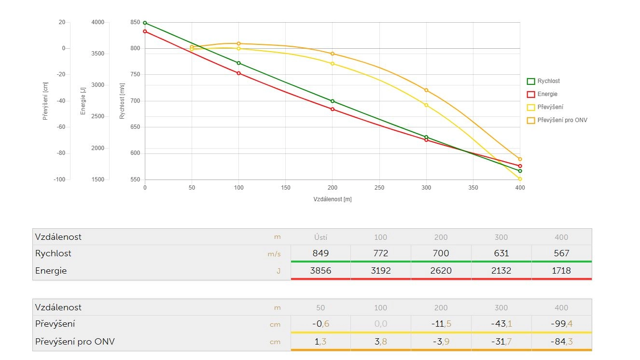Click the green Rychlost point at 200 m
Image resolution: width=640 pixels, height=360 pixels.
tap(333, 101)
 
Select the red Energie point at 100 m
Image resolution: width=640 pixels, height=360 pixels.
tap(238, 73)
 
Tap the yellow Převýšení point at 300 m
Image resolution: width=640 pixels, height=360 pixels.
tap(426, 105)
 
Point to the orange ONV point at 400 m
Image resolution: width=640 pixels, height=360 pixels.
tap(520, 159)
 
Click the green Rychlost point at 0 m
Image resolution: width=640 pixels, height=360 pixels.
tap(145, 23)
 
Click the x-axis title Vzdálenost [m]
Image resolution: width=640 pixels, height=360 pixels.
tap(333, 199)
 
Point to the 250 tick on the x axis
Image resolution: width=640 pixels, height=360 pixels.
tap(379, 187)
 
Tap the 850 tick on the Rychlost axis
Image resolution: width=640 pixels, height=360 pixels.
tap(135, 22)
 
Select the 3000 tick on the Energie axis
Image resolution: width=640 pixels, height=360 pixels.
tap(97, 85)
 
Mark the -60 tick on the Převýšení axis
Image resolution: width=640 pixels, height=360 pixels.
tap(60, 127)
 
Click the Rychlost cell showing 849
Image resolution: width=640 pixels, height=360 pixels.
tap(320, 253)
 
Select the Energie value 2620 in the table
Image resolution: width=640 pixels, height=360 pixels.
tap(441, 270)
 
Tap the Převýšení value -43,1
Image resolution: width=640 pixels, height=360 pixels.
tap(501, 323)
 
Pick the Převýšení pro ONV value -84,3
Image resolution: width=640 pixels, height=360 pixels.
tap(561, 342)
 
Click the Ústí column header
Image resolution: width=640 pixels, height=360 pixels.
tap(320, 237)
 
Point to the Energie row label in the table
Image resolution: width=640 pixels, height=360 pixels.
tap(51, 270)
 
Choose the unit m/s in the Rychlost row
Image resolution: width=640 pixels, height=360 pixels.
tap(274, 253)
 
